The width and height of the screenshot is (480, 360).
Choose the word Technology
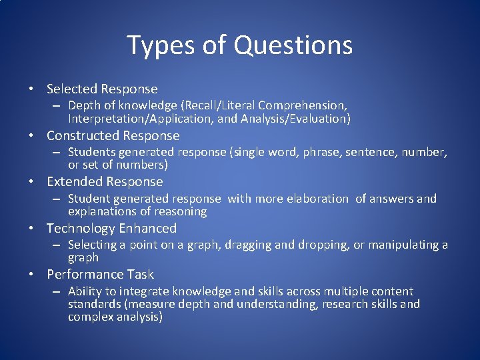coord(80,228)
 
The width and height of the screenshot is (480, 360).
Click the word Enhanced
coord(147,228)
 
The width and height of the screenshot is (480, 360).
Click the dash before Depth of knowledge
coord(57,105)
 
